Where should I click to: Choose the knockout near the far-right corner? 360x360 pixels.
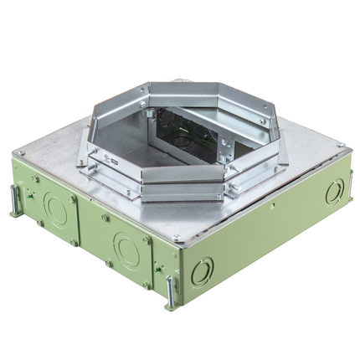333,193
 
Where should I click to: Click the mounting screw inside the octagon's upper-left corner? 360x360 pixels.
144,104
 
